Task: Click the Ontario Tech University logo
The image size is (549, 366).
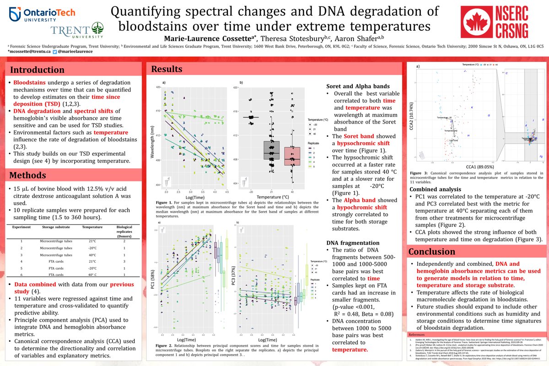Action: pyautogui.click(x=31, y=16)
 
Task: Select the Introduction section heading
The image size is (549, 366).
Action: pyautogui.click(x=38, y=70)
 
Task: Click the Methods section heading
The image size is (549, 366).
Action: pyautogui.click(x=28, y=175)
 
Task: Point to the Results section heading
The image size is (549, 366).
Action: pyautogui.click(x=167, y=69)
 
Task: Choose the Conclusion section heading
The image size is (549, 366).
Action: pyautogui.click(x=432, y=252)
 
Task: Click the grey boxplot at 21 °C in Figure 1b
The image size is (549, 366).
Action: pyautogui.click(x=272, y=151)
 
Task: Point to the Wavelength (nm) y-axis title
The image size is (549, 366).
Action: pyautogui.click(x=152, y=135)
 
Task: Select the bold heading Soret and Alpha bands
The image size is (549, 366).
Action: pyautogui.click(x=358, y=86)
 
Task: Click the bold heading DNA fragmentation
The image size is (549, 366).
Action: pyautogui.click(x=353, y=242)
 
